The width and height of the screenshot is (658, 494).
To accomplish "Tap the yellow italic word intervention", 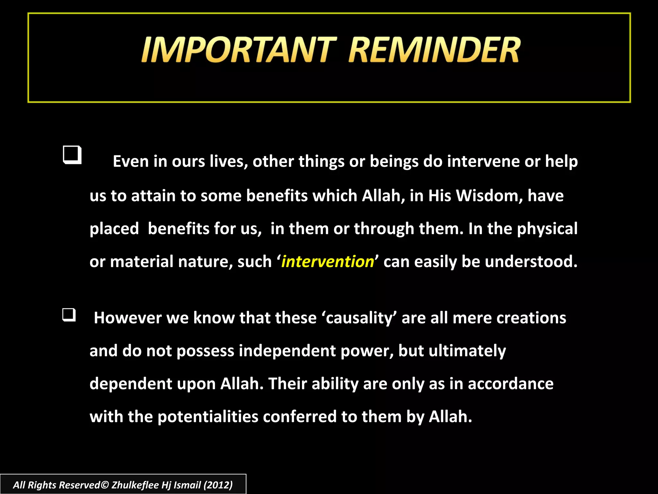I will [x=327, y=261].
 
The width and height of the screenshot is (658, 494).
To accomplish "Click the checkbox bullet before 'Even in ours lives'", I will [x=72, y=155].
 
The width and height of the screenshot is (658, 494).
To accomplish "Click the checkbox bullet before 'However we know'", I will [x=69, y=315].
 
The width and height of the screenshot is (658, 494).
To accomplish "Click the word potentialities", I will [x=208, y=416].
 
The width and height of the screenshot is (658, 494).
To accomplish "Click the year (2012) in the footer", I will [x=218, y=485].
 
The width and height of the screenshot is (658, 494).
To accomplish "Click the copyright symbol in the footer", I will [x=105, y=485].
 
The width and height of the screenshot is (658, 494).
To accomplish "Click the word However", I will [x=128, y=318].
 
